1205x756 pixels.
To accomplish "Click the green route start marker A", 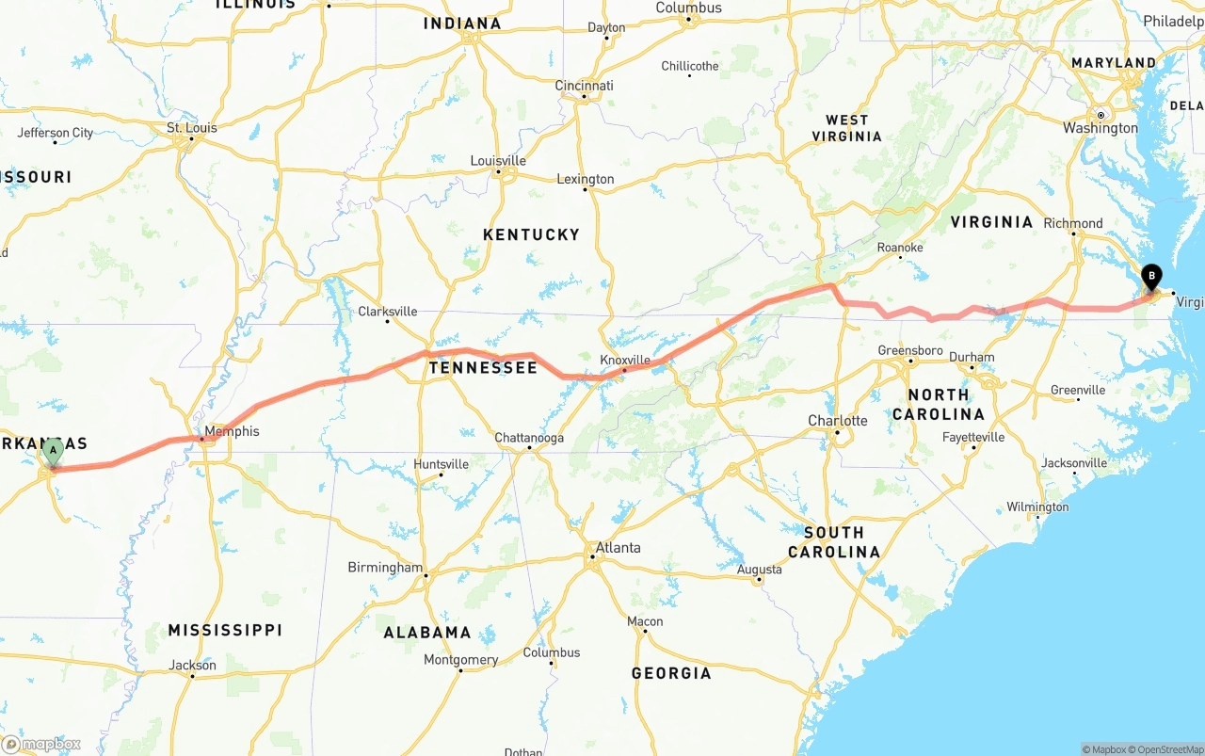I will point(54,451).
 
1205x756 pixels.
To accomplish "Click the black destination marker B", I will point(1149,277).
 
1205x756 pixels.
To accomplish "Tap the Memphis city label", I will point(232,432).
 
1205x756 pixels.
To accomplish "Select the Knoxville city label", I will point(625,360).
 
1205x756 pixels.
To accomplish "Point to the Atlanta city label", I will point(618,548).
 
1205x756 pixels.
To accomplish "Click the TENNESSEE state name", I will point(483,368).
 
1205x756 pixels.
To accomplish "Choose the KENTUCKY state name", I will point(531,234).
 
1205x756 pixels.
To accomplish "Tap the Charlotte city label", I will point(838,420).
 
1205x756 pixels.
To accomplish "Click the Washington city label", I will point(1100,128).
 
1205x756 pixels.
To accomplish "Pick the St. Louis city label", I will point(191,128).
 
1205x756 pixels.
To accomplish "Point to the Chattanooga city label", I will point(529,438).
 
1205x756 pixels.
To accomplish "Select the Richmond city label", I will point(1072,224).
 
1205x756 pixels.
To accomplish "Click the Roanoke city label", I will point(900,248).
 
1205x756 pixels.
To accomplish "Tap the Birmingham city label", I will point(385,568).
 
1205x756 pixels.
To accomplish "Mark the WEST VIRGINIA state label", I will point(846,128).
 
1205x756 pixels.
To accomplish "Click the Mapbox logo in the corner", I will point(41,744).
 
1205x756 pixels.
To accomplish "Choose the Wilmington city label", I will point(1037,507).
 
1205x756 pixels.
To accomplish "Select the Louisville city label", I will point(498,161).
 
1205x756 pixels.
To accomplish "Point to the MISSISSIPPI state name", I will point(225,630).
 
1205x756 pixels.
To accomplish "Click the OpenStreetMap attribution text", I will point(1166,749).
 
